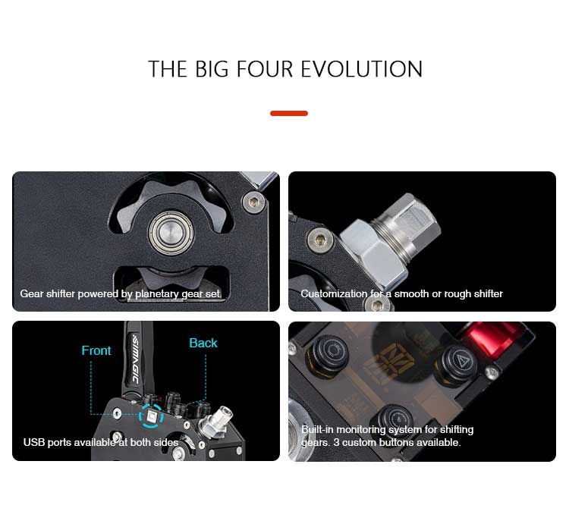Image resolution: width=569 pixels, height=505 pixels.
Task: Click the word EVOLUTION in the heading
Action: [362, 69]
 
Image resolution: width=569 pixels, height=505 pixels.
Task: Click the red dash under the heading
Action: [289, 114]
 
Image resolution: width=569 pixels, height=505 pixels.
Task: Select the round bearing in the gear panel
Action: [171, 233]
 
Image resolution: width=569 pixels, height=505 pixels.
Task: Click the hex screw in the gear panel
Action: [253, 202]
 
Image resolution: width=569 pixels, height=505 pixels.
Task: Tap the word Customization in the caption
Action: [334, 293]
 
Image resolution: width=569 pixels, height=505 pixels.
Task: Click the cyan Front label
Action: [96, 350]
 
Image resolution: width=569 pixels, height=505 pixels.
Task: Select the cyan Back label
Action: [203, 343]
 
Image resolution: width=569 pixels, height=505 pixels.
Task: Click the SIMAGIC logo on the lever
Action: [135, 359]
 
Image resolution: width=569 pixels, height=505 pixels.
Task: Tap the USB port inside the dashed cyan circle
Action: [151, 416]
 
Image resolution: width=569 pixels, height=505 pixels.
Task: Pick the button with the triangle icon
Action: [461, 362]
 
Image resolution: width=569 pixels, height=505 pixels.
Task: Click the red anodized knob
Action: [495, 338]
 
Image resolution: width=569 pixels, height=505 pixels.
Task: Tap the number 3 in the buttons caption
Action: [336, 443]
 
